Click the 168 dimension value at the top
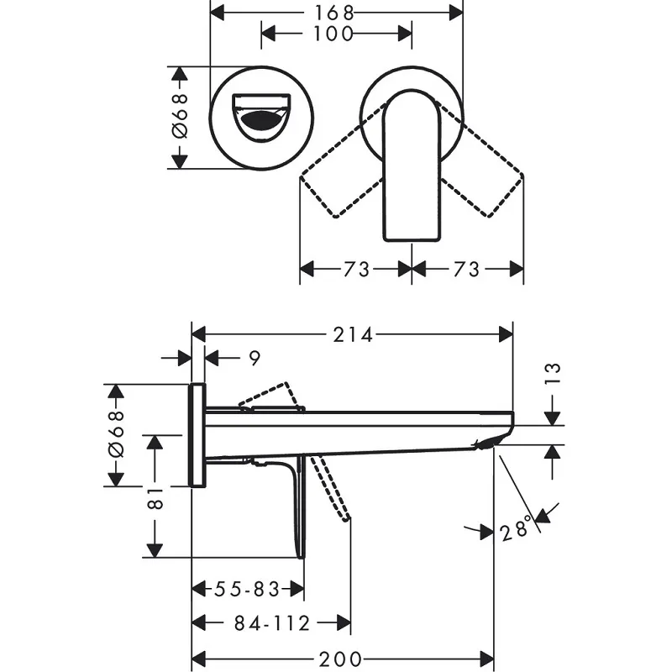pyautogui.click(x=334, y=13)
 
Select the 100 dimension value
pyautogui.click(x=333, y=34)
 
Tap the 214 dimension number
pyautogui.click(x=353, y=334)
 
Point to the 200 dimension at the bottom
pyautogui.click(x=341, y=659)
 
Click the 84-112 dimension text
pyautogui.click(x=272, y=623)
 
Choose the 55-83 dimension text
pyautogui.click(x=247, y=589)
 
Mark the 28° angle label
pyautogui.click(x=516, y=529)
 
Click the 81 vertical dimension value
pyautogui.click(x=155, y=498)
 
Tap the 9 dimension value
pyautogui.click(x=255, y=359)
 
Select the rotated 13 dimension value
pyautogui.click(x=554, y=373)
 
